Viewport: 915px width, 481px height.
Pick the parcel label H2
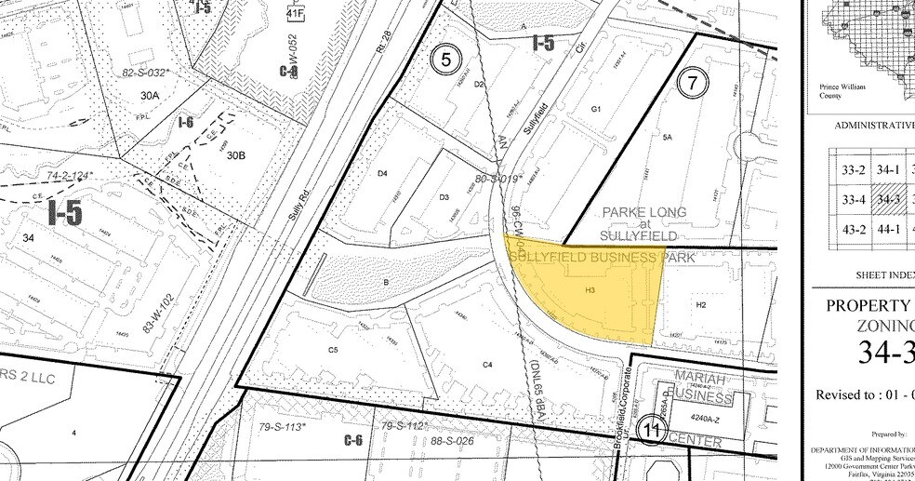(x=701, y=304)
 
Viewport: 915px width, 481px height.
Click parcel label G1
(x=596, y=109)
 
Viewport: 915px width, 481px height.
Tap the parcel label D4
(x=380, y=173)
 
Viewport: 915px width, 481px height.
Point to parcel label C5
(x=332, y=350)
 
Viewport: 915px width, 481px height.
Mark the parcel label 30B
(x=234, y=155)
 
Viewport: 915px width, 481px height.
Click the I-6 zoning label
(x=186, y=122)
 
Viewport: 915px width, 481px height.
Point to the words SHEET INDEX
(x=883, y=276)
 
